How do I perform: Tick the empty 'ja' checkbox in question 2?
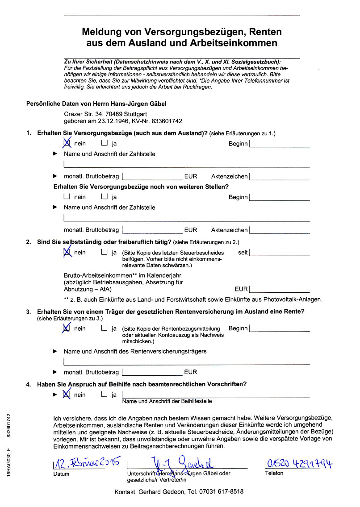point(105,252)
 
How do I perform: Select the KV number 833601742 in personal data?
point(167,121)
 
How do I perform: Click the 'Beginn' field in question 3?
point(280,328)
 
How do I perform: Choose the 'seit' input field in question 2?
point(280,253)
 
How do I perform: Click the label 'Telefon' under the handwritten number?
point(274,473)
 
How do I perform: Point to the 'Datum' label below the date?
point(61,474)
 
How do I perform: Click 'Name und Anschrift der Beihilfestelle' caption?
point(167,401)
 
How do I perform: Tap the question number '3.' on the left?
point(29,311)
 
